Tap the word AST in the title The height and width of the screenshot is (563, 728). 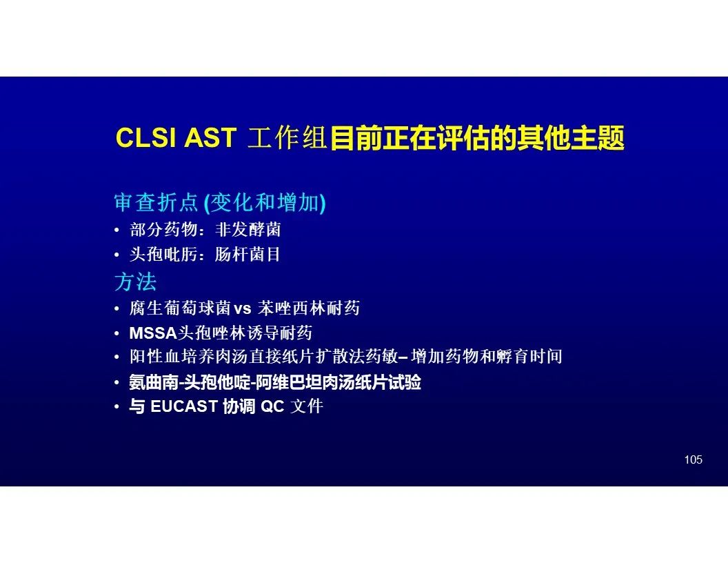click(x=211, y=137)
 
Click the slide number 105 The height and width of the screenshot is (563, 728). click(x=693, y=460)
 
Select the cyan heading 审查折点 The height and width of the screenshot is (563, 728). click(x=156, y=203)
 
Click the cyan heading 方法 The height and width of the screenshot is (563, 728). click(x=136, y=281)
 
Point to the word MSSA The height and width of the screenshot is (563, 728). click(x=153, y=333)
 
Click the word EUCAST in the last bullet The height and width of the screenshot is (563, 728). click(x=184, y=406)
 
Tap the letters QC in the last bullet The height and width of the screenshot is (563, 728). click(x=272, y=406)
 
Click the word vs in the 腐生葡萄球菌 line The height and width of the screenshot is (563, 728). click(x=243, y=308)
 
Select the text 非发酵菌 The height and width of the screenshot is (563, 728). click(x=248, y=230)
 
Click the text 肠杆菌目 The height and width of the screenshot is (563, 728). click(x=247, y=254)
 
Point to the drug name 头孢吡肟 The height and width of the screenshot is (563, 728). click(x=163, y=254)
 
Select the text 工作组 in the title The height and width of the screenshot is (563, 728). click(x=287, y=137)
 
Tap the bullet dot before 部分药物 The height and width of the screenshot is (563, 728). click(x=117, y=230)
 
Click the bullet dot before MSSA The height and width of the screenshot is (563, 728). click(x=117, y=333)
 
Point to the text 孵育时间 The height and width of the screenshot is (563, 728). click(x=529, y=357)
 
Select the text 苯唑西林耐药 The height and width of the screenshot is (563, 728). click(x=309, y=308)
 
